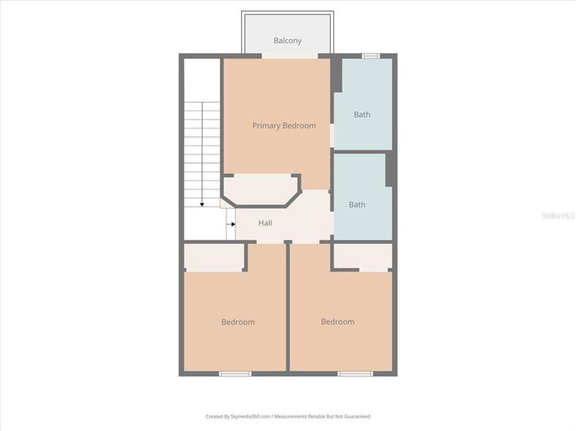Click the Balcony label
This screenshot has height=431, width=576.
click(x=288, y=41)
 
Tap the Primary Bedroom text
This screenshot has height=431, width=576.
click(x=284, y=126)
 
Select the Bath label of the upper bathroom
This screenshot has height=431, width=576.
click(x=362, y=115)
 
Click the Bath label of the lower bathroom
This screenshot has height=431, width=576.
click(x=357, y=205)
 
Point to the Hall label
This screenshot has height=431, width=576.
click(x=266, y=224)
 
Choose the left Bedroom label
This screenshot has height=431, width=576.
click(x=238, y=322)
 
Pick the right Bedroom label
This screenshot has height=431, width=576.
click(x=337, y=322)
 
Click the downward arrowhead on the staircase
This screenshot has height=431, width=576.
click(x=202, y=203)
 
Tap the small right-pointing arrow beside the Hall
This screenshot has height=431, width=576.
click(x=231, y=224)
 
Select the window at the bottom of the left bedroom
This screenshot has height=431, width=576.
click(x=235, y=374)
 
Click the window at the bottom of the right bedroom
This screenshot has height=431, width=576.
click(x=355, y=374)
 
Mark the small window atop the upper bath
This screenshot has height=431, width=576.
click(x=371, y=56)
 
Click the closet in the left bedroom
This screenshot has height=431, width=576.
click(x=214, y=257)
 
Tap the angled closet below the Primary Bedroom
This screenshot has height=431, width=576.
click(x=260, y=191)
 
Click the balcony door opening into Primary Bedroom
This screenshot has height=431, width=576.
click(x=289, y=56)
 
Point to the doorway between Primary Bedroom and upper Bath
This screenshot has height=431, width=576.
click(x=332, y=136)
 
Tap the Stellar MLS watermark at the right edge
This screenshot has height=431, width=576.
click(x=560, y=215)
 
